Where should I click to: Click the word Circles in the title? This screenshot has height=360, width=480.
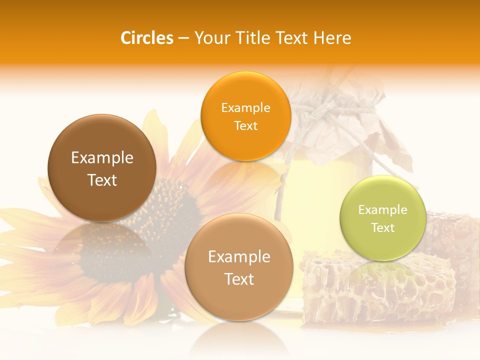[147, 38]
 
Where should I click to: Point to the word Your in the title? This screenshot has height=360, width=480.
[210, 38]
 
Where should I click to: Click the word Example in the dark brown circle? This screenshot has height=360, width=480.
[102, 158]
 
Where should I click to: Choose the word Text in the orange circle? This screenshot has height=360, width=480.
[245, 125]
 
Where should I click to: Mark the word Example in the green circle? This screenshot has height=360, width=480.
[383, 210]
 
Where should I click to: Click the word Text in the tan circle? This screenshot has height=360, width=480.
[239, 279]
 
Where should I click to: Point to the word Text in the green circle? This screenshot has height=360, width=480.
[383, 228]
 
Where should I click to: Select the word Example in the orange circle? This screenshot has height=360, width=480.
[245, 108]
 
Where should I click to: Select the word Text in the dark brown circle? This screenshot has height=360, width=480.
[102, 180]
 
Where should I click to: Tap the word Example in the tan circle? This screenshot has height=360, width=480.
[239, 257]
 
